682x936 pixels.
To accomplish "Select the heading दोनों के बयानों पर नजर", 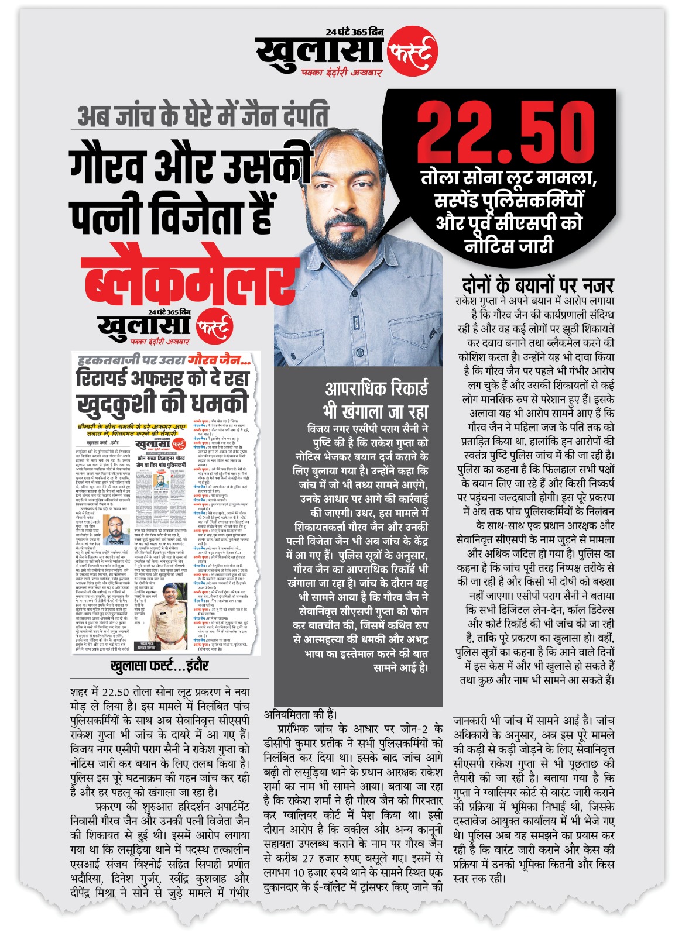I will [x=537, y=285].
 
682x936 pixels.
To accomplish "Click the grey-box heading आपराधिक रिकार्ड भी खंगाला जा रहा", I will [x=376, y=399].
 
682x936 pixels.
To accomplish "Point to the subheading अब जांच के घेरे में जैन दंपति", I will [x=203, y=115].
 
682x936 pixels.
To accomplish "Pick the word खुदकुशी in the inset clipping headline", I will [x=116, y=403].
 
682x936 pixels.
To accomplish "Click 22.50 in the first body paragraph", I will [x=115, y=692].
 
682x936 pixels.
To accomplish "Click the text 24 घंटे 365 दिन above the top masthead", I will [x=355, y=32].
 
